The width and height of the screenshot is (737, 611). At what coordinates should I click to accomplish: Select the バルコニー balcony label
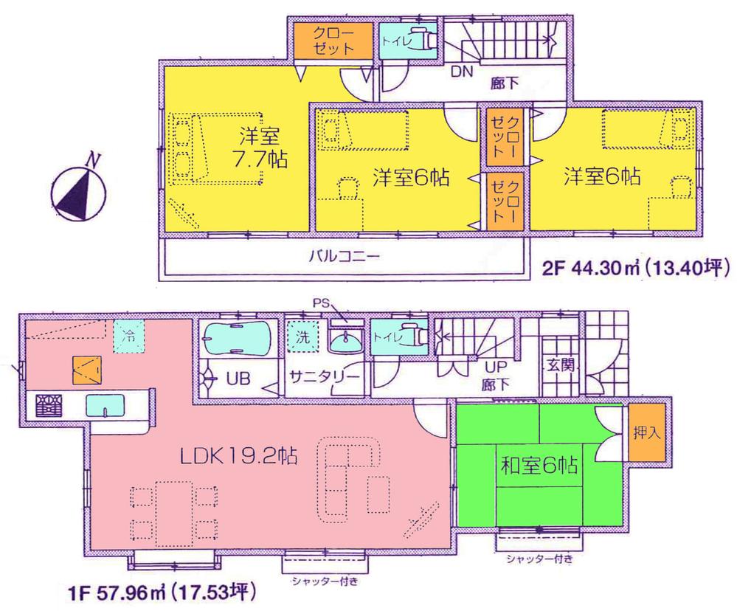(343, 258)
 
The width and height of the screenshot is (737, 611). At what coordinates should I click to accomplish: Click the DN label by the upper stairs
(461, 72)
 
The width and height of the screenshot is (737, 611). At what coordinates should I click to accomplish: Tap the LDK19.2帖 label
(238, 457)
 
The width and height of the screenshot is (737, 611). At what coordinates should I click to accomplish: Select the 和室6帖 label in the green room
(539, 466)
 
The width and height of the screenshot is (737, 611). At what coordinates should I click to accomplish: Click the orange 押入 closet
(647, 433)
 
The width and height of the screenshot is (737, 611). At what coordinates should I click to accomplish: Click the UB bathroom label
(238, 379)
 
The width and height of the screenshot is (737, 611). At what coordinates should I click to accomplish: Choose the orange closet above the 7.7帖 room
(325, 40)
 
